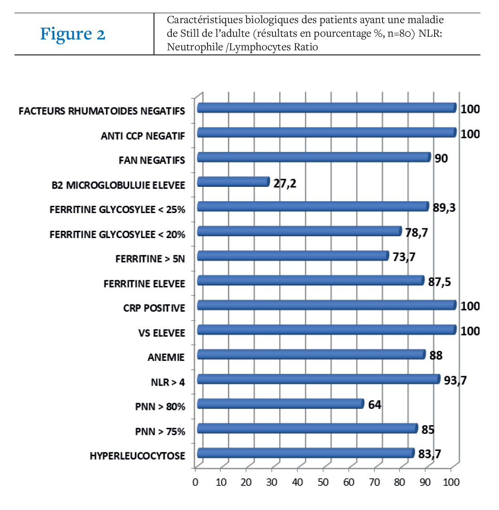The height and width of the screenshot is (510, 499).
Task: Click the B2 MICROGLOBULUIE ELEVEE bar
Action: tap(233, 182)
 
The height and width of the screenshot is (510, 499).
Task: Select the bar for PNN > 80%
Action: tap(281, 404)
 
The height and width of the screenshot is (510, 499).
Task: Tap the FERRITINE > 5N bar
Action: tap(293, 256)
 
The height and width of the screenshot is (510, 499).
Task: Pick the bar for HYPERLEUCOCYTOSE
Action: tap(306, 453)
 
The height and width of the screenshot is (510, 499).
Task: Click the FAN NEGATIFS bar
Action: tap(314, 157)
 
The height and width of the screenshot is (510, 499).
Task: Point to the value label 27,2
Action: tap(285, 184)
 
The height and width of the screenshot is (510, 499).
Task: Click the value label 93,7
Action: tap(455, 380)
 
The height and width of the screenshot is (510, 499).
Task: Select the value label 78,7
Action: tap(417, 233)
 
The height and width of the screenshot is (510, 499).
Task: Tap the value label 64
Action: tap(374, 405)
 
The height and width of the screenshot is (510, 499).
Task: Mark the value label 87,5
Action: tap(440, 282)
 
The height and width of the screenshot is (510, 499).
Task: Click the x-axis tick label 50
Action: tap(323, 482)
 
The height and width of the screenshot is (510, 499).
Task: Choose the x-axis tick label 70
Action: tap(374, 482)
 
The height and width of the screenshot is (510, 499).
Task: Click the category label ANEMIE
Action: tap(166, 358)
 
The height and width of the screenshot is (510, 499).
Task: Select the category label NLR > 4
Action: tap(168, 382)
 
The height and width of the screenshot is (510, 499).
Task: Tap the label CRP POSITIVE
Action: tap(154, 308)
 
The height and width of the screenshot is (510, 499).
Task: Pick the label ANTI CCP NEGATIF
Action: tap(143, 136)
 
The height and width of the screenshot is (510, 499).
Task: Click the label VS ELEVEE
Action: tap(161, 333)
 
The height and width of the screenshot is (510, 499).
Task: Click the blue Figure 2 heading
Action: tap(73, 34)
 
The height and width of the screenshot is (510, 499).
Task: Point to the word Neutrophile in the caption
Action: tap(195, 47)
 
